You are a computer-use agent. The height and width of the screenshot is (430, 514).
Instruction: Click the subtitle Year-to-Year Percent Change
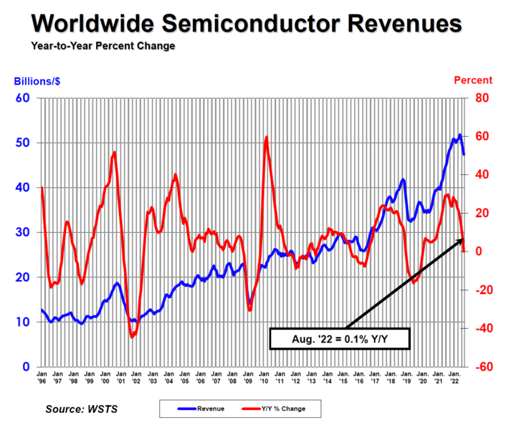(103, 46)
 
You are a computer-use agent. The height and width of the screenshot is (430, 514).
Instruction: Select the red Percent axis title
(472, 80)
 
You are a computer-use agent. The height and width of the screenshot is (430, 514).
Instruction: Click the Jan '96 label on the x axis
(43, 378)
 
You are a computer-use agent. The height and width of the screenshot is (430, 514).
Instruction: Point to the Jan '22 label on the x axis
(453, 378)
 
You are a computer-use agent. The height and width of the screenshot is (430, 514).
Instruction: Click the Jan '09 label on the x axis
(249, 378)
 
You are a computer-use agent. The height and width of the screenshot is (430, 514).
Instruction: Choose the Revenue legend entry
(208, 408)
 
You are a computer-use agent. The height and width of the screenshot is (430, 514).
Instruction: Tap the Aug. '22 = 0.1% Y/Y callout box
(338, 338)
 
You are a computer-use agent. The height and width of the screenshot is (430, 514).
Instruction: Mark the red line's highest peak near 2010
(267, 137)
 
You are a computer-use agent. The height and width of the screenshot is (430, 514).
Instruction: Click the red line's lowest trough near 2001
(132, 336)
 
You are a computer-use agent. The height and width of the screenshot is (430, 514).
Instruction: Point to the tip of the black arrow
(463, 239)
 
